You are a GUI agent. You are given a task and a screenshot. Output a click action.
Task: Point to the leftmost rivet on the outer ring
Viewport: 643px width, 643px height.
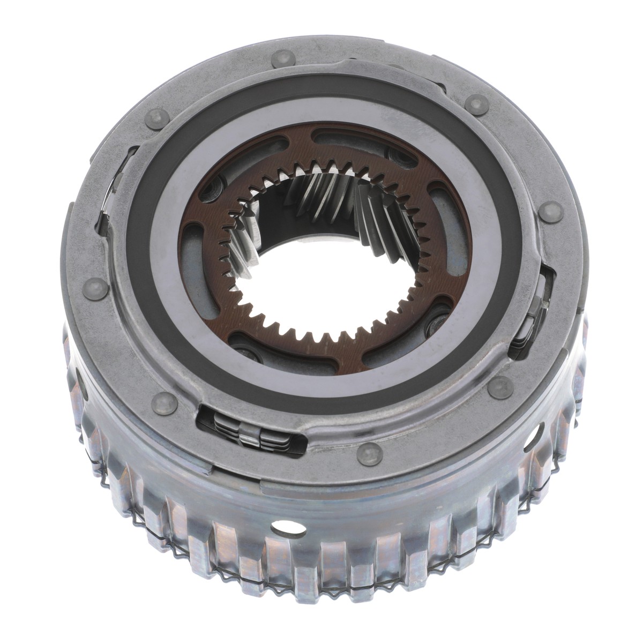click(x=89, y=290)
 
